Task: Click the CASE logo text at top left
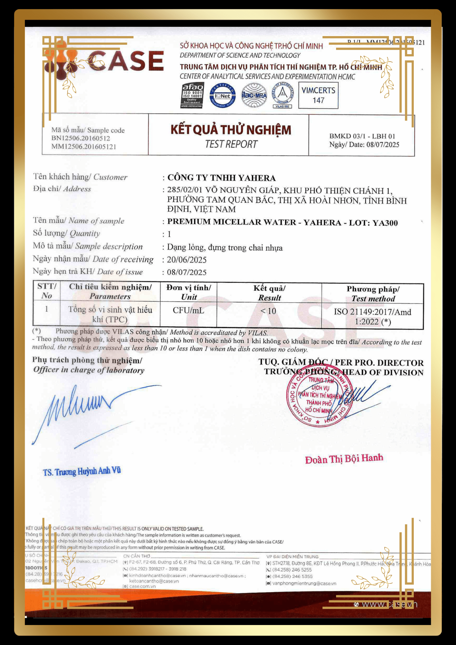click(x=126, y=61)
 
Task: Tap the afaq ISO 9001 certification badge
click(x=192, y=95)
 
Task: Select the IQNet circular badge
click(x=223, y=95)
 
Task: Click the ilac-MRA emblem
click(x=254, y=95)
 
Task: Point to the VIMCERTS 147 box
click(x=318, y=95)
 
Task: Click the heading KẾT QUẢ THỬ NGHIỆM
click(x=231, y=130)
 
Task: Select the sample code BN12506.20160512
click(x=81, y=138)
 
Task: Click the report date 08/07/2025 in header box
click(x=382, y=145)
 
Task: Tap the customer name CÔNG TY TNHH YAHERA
click(x=221, y=178)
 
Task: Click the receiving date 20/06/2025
click(x=186, y=260)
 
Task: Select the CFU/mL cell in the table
click(x=188, y=311)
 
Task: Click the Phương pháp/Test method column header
click(x=373, y=294)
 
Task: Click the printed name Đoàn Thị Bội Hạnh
click(x=344, y=459)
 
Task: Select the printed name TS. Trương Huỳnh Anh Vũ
click(x=82, y=471)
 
